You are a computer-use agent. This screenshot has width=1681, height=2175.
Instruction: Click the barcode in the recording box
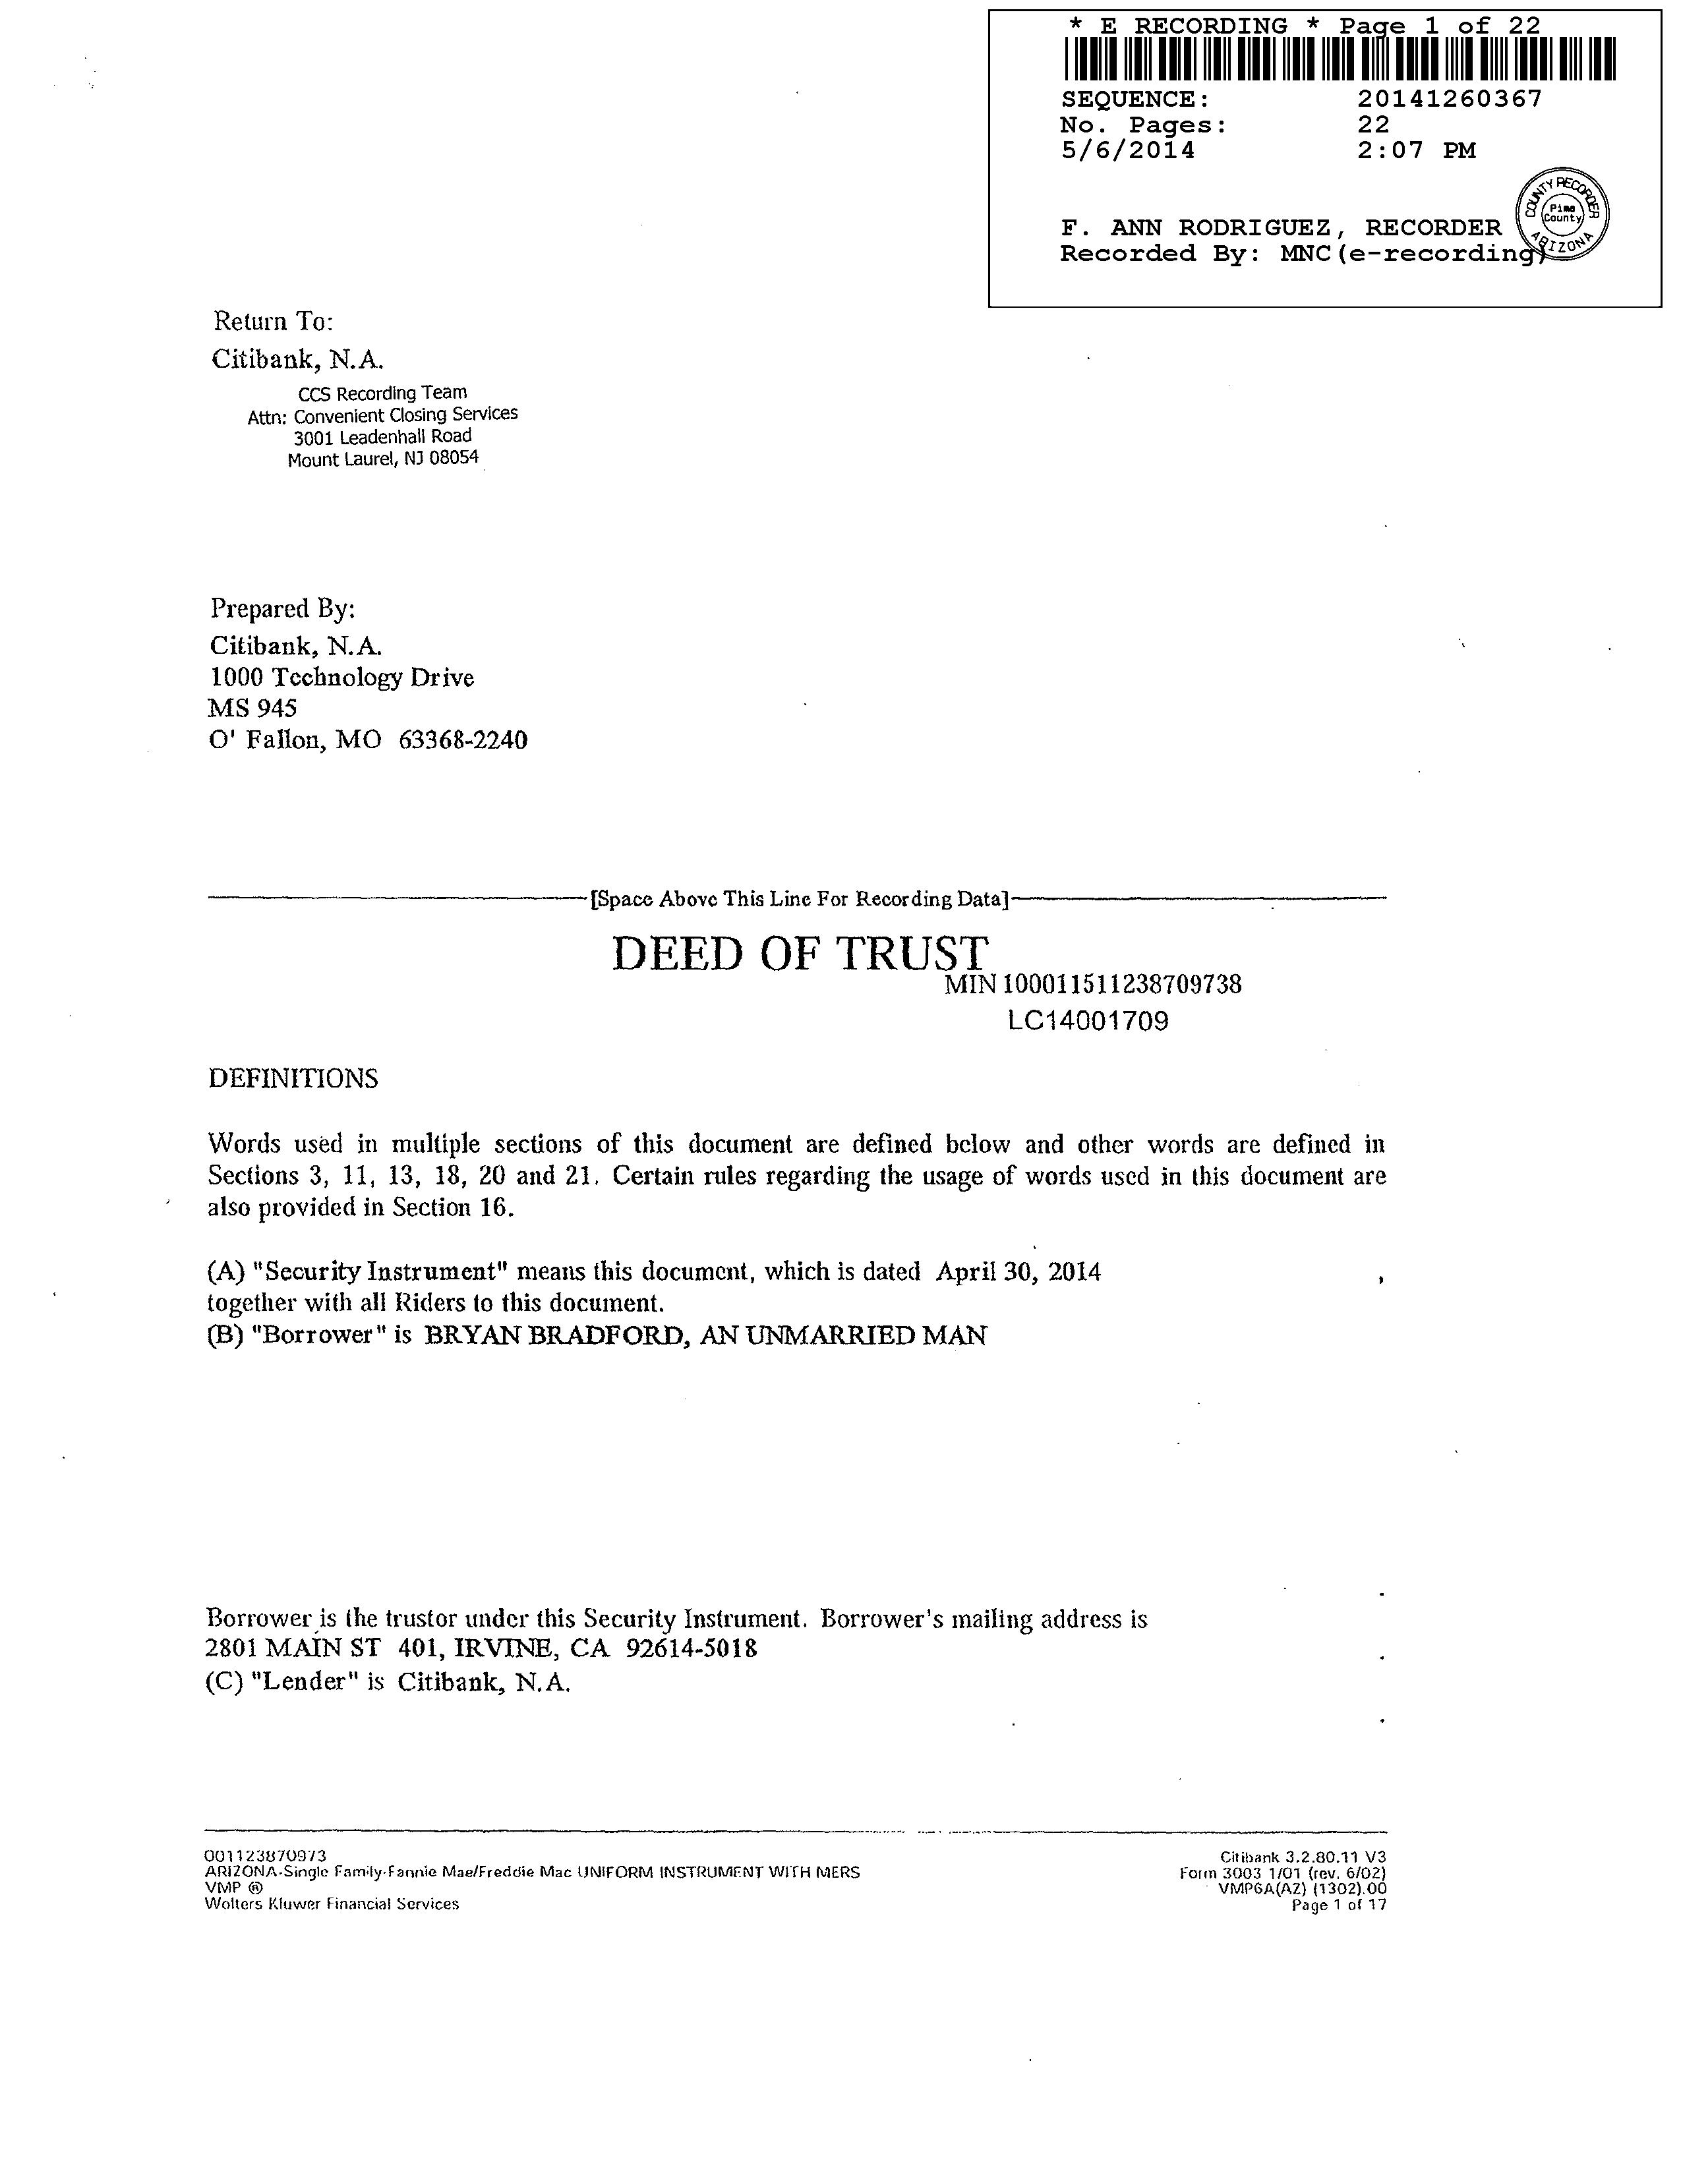1340,60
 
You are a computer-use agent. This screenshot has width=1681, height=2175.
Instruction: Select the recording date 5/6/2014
1129,150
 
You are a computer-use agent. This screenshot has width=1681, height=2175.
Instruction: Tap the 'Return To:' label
273,322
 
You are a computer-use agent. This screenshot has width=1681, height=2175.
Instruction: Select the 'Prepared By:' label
282,608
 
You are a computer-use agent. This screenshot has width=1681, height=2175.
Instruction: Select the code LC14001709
1088,1021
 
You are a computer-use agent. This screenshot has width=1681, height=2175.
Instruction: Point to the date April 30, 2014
1018,1272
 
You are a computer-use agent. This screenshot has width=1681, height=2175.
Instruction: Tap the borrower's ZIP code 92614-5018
691,1648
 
